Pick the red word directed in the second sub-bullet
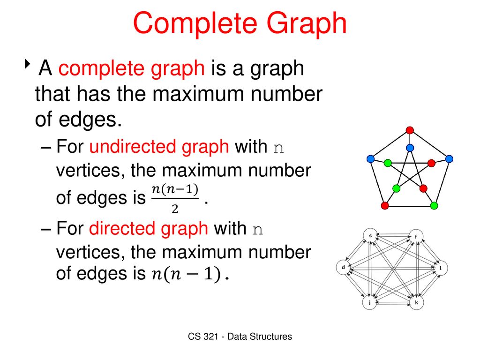tap(148, 229)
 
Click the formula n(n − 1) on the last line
tap(187, 274)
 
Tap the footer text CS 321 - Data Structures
tap(240, 337)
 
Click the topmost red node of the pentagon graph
tap(410, 130)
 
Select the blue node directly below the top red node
tap(410, 148)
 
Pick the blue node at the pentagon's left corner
tap(370, 159)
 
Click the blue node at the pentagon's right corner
tap(449, 159)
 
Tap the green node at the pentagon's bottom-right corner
tap(434, 205)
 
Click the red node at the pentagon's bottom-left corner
tap(385, 205)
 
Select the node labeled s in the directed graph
tap(370, 235)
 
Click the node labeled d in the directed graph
tap(343, 268)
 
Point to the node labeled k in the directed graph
tap(416, 303)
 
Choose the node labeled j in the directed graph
tap(369, 303)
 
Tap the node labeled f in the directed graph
tap(415, 237)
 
